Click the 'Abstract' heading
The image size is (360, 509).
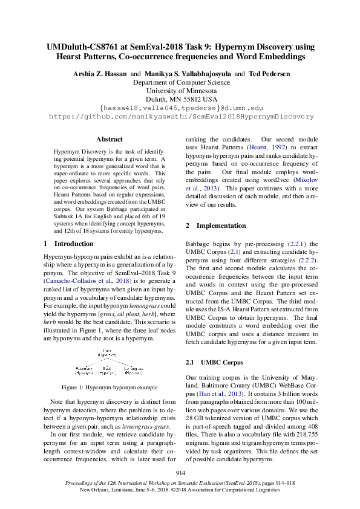110,139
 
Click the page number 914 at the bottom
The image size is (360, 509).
180,473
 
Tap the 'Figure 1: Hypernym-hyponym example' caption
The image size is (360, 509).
110,387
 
